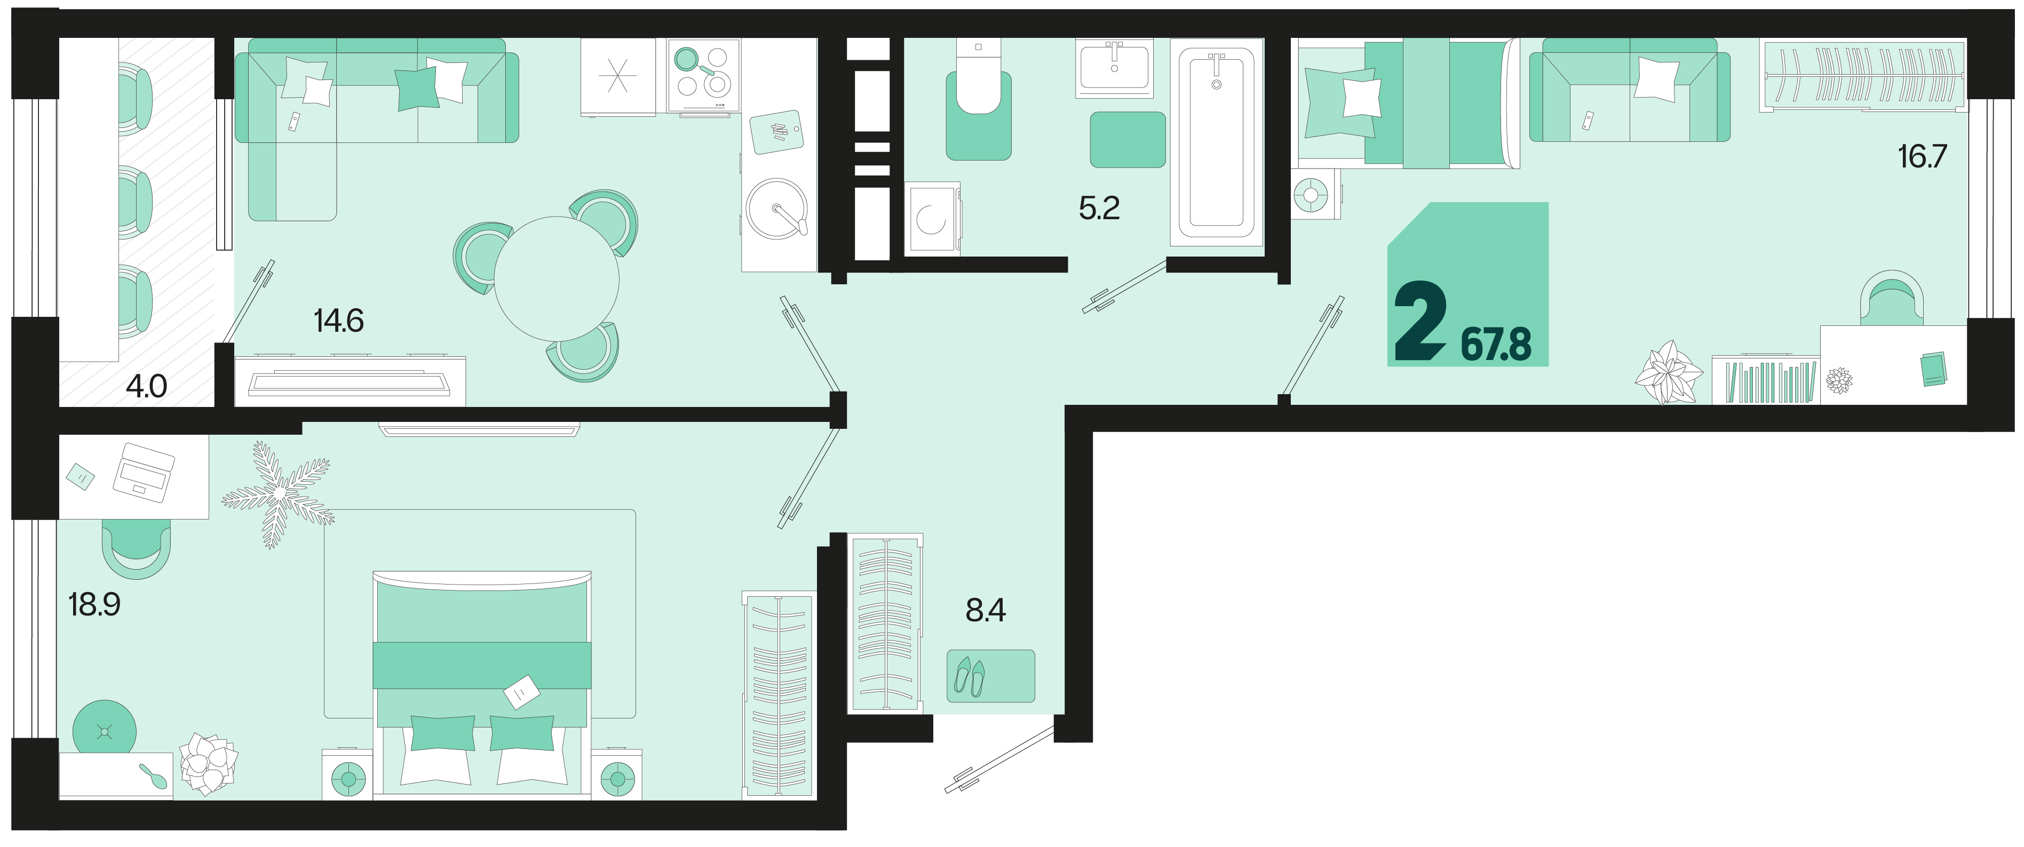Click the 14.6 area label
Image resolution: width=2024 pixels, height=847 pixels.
[x=339, y=321]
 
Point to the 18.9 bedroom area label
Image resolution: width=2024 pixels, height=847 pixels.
[x=94, y=604]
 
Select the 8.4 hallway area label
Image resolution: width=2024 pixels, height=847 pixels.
[x=985, y=610]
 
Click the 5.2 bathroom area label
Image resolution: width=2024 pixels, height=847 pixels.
[x=1099, y=208]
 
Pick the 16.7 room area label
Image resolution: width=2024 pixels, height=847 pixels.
[x=1922, y=156]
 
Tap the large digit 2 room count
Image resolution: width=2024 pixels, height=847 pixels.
[x=1420, y=321]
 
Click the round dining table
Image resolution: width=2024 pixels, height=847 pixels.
[x=556, y=278]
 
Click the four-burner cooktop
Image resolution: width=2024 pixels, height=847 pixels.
[x=703, y=75]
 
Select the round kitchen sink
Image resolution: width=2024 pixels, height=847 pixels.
[x=777, y=208]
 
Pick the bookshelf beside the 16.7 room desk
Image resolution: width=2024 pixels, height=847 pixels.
[x=1766, y=380]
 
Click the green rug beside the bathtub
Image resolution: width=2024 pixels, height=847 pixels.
[x=1128, y=140]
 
